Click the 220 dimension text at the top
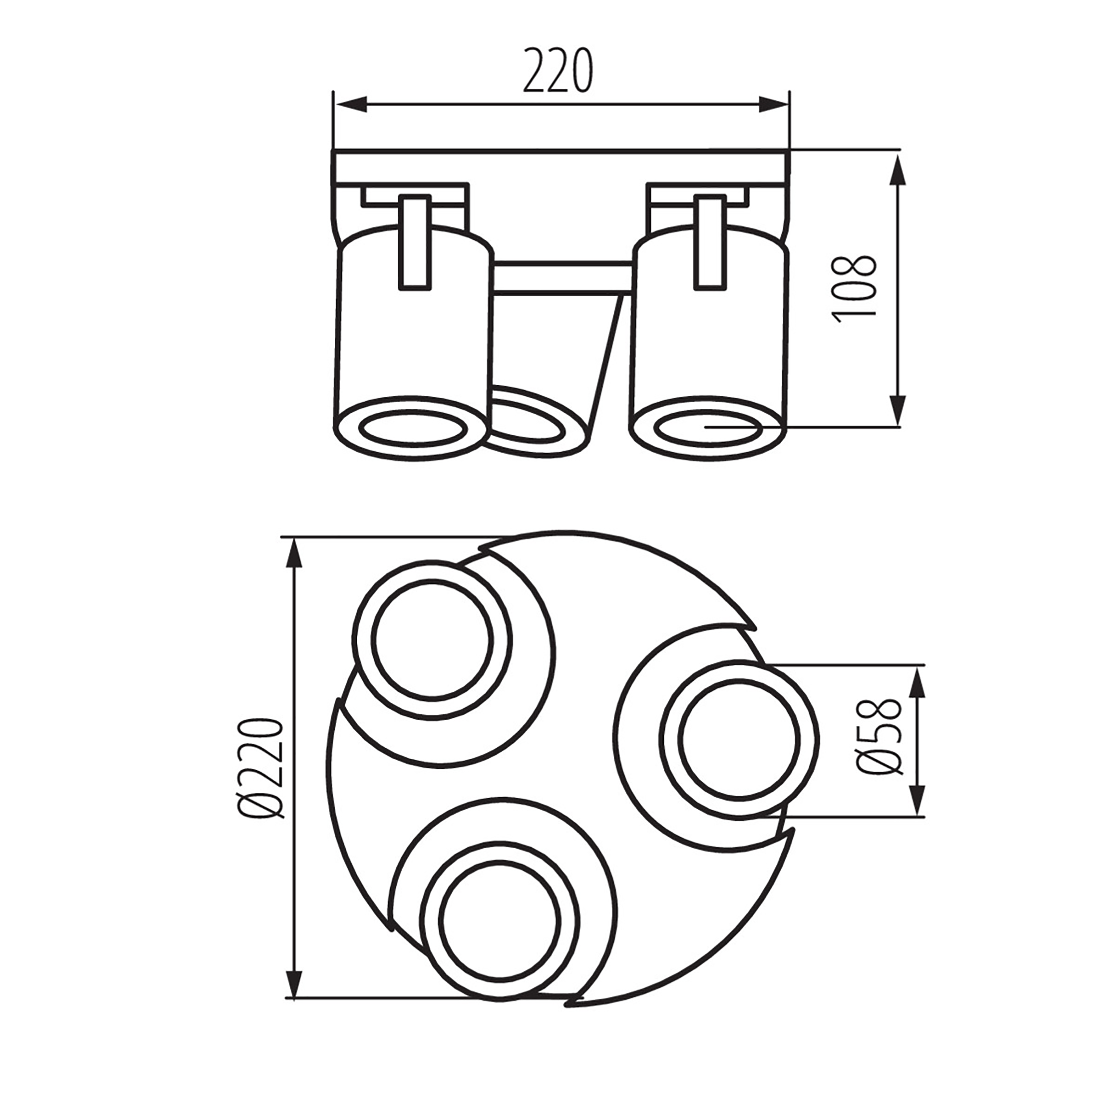click(558, 71)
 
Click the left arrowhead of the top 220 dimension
click(352, 104)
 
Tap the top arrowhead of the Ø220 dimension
click(295, 556)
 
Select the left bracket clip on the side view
click(415, 242)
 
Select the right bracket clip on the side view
click(712, 242)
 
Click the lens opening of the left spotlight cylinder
click(413, 429)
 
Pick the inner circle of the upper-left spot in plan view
click(432, 639)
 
